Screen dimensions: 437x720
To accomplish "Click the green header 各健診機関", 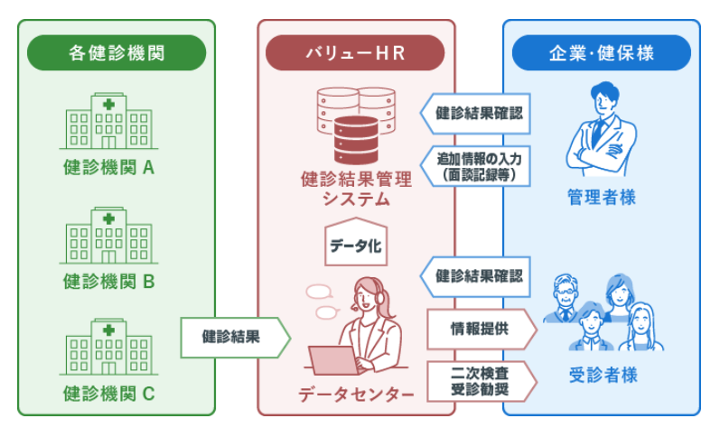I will [117, 53].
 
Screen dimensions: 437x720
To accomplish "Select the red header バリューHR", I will [356, 53].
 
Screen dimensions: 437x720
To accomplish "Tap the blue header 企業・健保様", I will [601, 53].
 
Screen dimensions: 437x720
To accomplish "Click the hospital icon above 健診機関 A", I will [108, 123].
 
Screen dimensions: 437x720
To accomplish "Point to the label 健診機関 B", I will [109, 281].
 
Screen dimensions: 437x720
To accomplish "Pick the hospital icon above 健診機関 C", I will [108, 348].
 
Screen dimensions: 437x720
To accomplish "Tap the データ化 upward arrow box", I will [356, 243].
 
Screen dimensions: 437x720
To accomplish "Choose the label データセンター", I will [356, 395].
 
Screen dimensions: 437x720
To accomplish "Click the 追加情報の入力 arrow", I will [477, 166].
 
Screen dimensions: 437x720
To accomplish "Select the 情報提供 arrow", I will [480, 329].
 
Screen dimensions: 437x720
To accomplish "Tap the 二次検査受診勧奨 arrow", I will [480, 380].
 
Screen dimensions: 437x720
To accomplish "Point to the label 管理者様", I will [602, 197].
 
